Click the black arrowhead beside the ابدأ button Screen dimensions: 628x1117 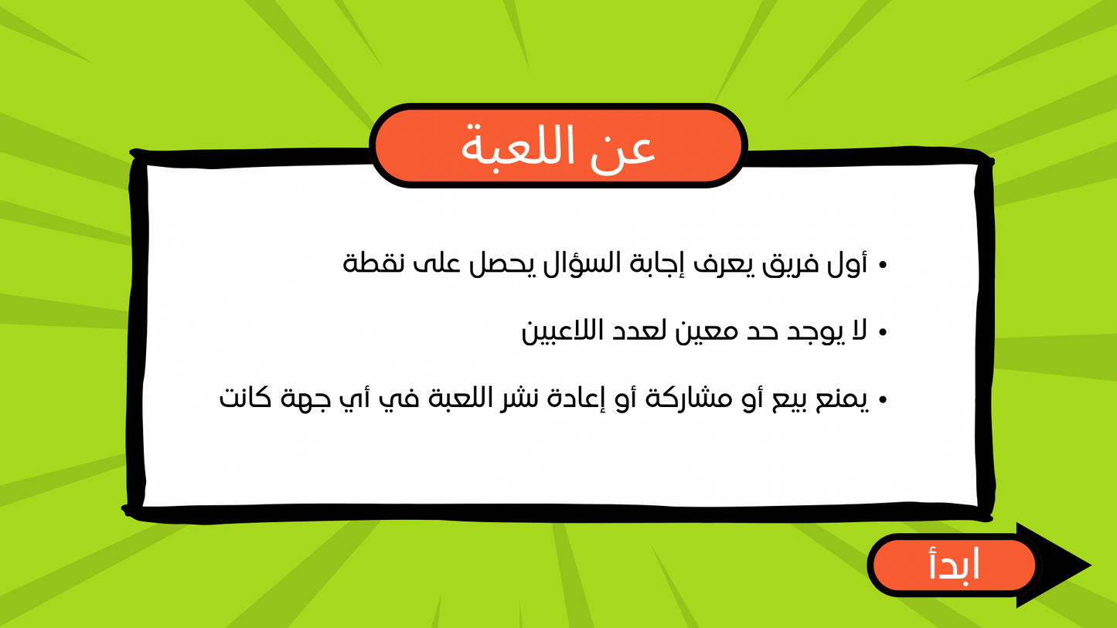click(x=1063, y=565)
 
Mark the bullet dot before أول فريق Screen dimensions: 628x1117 click(x=883, y=266)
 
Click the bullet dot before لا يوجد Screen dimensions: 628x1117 click(x=883, y=333)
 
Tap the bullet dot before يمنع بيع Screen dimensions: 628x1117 click(x=883, y=401)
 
